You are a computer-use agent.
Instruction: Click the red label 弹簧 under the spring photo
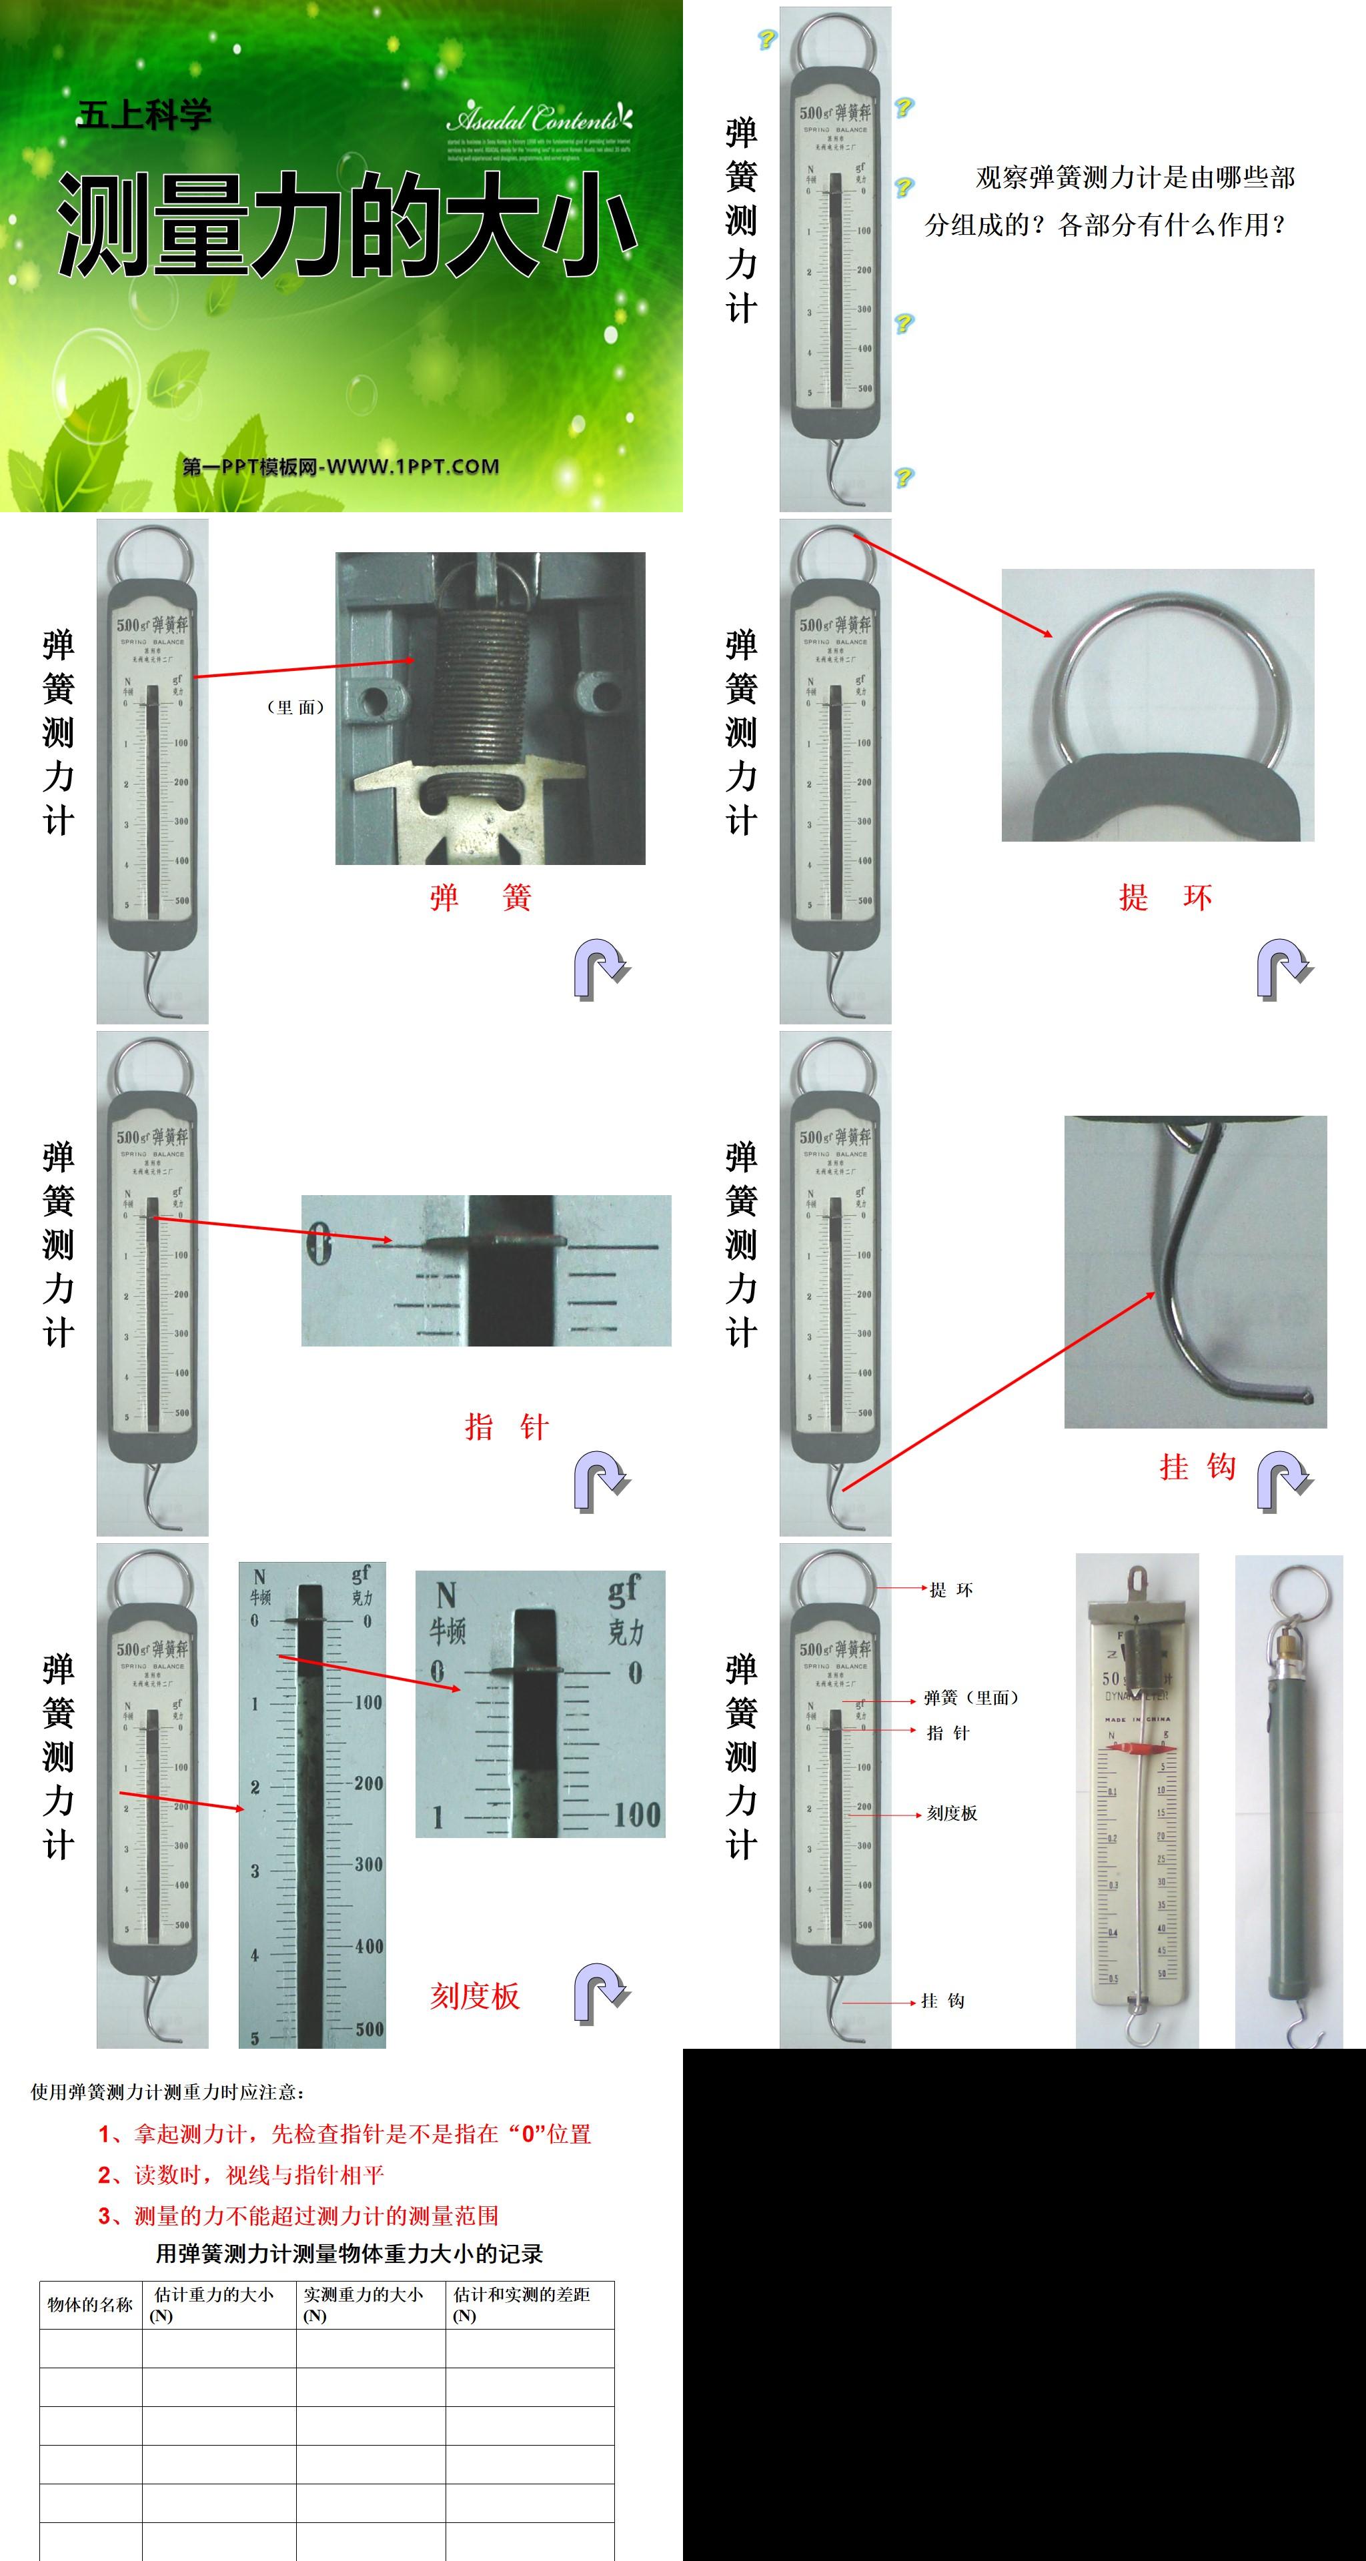pyautogui.click(x=480, y=898)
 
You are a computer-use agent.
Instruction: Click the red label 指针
pyautogui.click(x=506, y=1428)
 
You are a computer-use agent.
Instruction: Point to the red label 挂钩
pyautogui.click(x=1197, y=1467)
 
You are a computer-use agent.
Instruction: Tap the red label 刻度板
pyautogui.click(x=474, y=1995)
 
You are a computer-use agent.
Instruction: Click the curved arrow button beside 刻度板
pyautogui.click(x=600, y=1993)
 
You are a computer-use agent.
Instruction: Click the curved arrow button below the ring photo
pyautogui.click(x=1283, y=969)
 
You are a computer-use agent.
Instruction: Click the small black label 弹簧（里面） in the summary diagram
pyautogui.click(x=971, y=1697)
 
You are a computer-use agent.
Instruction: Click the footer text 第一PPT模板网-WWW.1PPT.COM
pyautogui.click(x=341, y=466)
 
